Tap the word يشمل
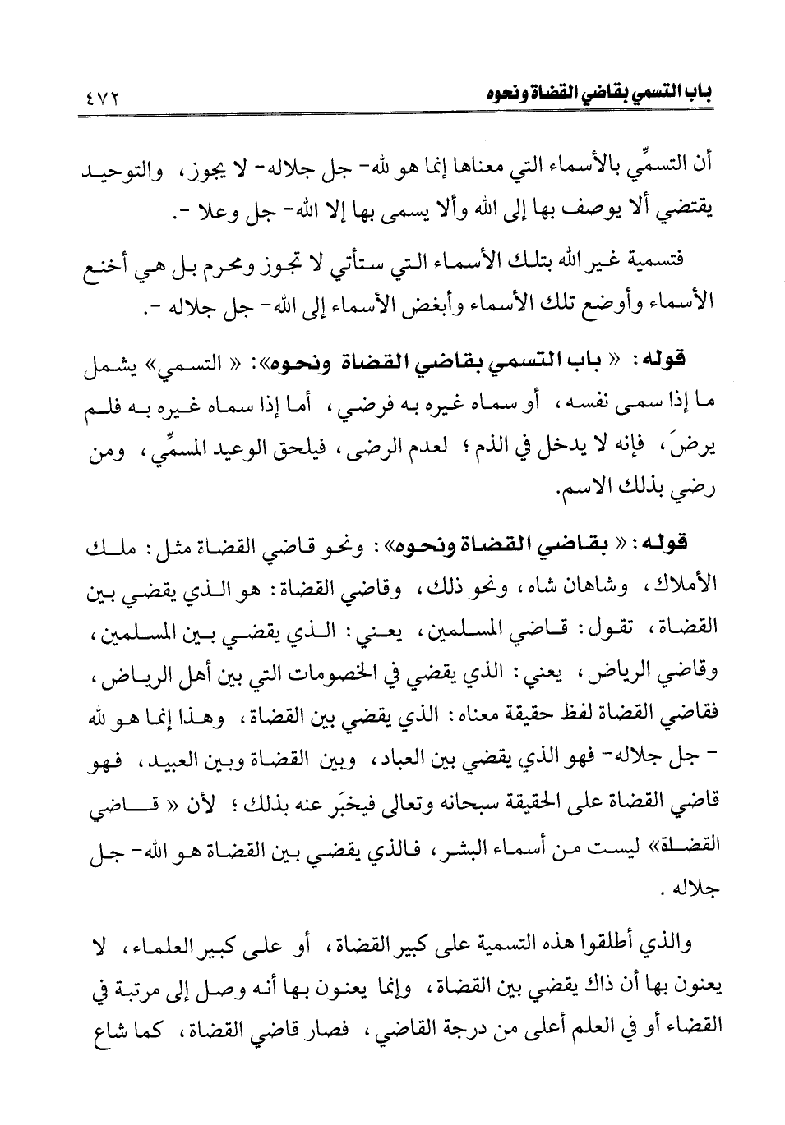tap(107, 366)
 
